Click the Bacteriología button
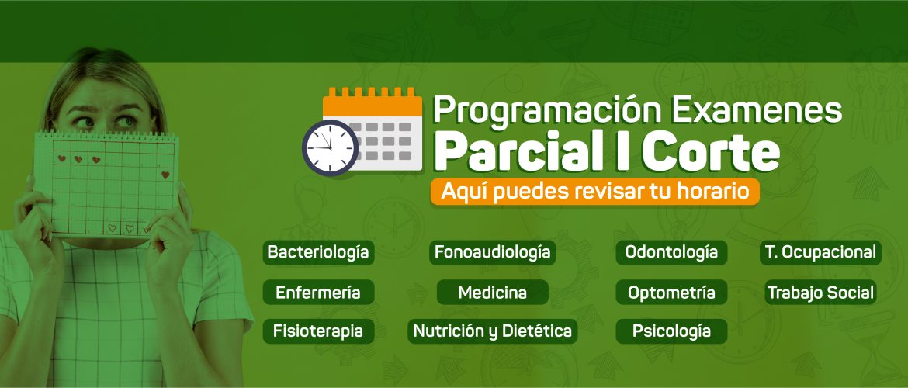click(318, 252)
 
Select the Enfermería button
click(318, 293)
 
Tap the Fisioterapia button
click(318, 331)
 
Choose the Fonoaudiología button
click(492, 252)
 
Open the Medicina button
click(492, 293)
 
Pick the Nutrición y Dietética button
click(492, 331)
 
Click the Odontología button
click(671, 252)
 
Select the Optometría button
click(671, 293)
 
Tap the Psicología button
click(671, 331)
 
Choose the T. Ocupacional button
click(820, 252)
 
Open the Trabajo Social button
click(820, 293)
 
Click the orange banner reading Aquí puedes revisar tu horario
click(594, 191)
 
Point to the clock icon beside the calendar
click(330, 147)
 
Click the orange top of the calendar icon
click(373, 102)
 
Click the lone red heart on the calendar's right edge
click(165, 175)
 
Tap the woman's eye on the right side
click(124, 122)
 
